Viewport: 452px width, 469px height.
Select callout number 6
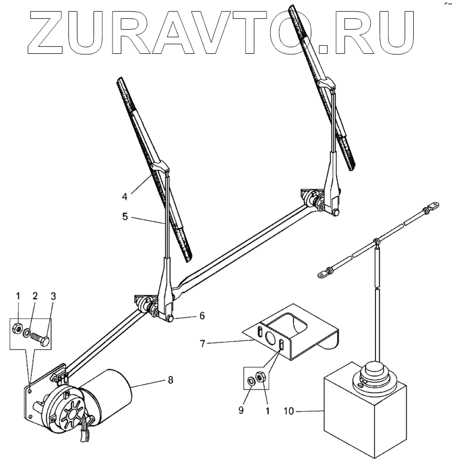[x=201, y=316]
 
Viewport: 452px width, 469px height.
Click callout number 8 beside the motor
[x=171, y=380]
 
